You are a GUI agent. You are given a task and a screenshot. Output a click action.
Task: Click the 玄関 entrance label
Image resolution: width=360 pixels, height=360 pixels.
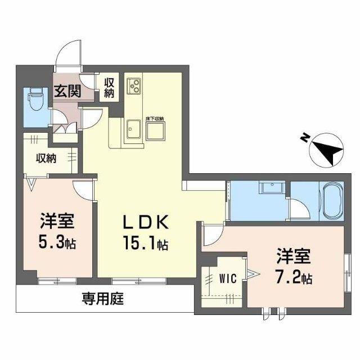point(67,91)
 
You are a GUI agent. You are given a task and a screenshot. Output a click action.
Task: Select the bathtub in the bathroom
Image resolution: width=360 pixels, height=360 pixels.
point(331,202)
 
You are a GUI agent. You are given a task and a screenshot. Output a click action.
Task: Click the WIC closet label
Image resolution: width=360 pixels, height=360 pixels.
point(227,277)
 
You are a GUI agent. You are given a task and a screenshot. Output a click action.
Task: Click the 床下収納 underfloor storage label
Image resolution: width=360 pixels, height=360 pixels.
point(155,119)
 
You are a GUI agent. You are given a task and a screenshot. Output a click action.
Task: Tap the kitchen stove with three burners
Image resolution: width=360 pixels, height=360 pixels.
point(135,85)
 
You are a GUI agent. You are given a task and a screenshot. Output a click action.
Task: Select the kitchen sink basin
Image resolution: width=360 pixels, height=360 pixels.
point(133,129)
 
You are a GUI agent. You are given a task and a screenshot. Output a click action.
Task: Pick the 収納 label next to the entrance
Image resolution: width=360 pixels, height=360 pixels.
point(109,87)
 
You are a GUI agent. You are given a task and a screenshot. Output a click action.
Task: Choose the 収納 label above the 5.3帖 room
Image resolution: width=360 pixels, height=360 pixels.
point(47,158)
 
